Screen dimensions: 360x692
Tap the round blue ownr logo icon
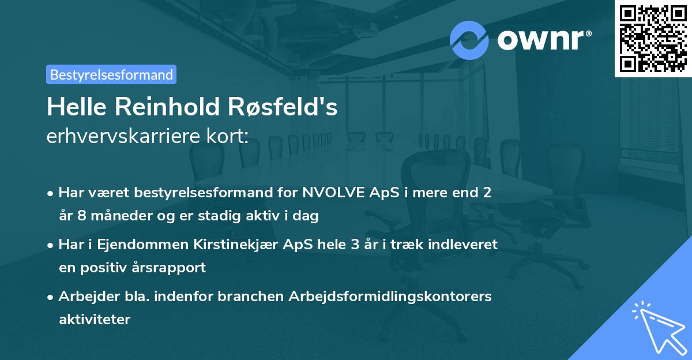(469, 40)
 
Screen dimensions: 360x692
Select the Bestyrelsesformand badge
(111, 74)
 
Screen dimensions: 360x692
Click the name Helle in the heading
(77, 107)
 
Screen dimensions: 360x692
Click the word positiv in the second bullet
(108, 268)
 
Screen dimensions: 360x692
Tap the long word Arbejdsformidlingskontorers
(389, 297)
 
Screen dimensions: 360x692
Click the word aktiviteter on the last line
(95, 320)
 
